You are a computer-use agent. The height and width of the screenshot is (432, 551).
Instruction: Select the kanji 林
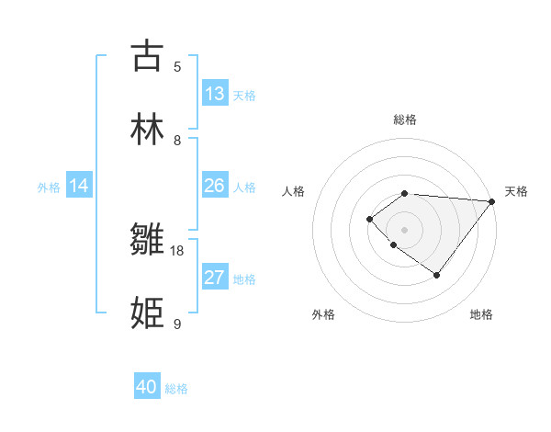147,129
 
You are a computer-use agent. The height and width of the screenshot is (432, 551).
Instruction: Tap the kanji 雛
147,241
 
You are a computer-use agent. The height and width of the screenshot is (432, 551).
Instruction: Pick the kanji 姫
147,313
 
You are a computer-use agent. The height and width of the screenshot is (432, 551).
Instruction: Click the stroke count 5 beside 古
177,66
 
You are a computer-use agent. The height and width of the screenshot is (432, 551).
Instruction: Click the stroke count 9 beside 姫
177,324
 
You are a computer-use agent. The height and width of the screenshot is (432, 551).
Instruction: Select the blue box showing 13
215,94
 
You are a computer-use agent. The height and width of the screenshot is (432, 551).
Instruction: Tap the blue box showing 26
215,186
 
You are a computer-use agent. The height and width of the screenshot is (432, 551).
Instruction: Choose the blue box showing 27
215,278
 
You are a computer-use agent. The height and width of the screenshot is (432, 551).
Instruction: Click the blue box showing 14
79,186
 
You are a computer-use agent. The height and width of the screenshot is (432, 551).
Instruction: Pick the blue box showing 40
147,387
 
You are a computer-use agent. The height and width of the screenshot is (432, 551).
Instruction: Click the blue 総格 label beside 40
176,389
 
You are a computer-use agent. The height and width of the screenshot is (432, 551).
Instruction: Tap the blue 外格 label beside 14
49,188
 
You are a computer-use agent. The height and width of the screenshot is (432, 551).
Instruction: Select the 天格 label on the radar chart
516,191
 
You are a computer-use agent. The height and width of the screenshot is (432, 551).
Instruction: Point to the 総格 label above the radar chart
405,119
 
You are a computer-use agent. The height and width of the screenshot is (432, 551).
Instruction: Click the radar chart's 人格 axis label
294,191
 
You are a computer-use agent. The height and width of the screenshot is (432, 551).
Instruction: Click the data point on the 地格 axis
437,275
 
